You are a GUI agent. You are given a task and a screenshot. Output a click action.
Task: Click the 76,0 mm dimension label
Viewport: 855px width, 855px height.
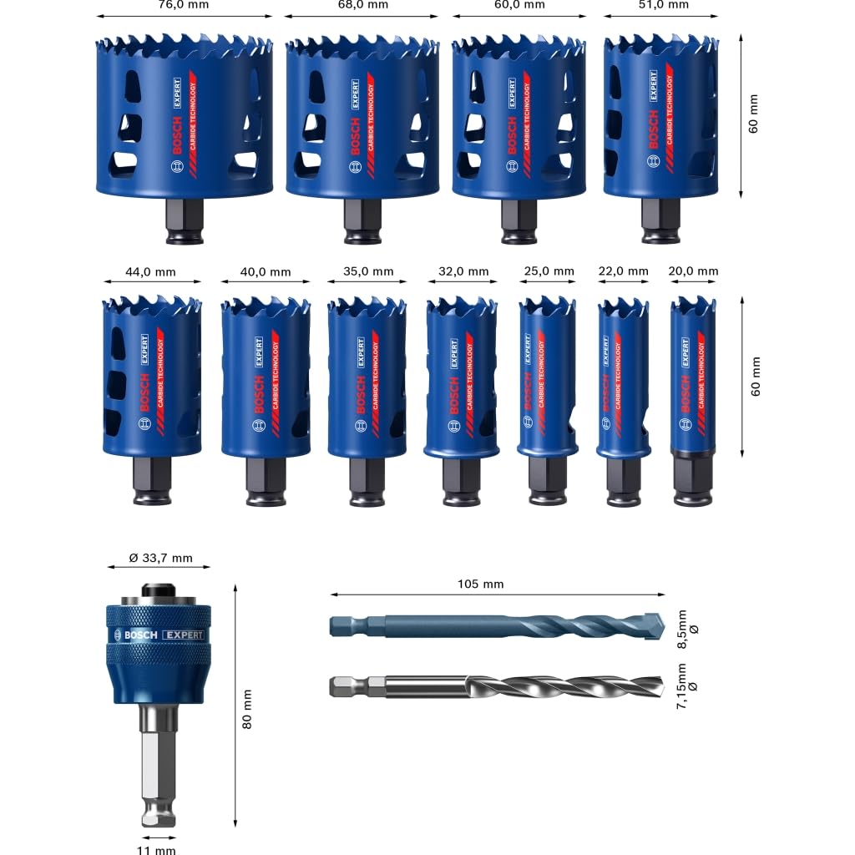click(x=185, y=5)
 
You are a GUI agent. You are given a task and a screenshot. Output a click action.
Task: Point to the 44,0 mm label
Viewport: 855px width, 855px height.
click(x=150, y=271)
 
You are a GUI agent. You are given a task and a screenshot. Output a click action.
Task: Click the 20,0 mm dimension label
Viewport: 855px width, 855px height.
click(x=693, y=271)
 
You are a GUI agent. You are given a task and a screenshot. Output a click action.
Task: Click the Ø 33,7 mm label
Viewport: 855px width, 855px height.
click(x=160, y=559)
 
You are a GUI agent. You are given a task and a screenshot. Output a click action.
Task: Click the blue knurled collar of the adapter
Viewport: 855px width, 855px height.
click(x=158, y=635)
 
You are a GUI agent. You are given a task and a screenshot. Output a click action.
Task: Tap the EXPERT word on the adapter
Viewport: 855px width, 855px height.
click(x=183, y=635)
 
